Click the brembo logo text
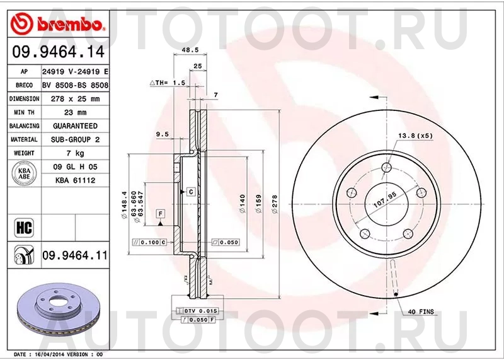coord(70,25)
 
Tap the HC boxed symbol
coord(21,225)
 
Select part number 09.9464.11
coord(74,255)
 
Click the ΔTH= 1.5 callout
coord(167,83)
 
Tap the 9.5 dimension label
coord(163,134)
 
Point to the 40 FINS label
coord(421,311)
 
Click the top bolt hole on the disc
coord(388,166)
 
